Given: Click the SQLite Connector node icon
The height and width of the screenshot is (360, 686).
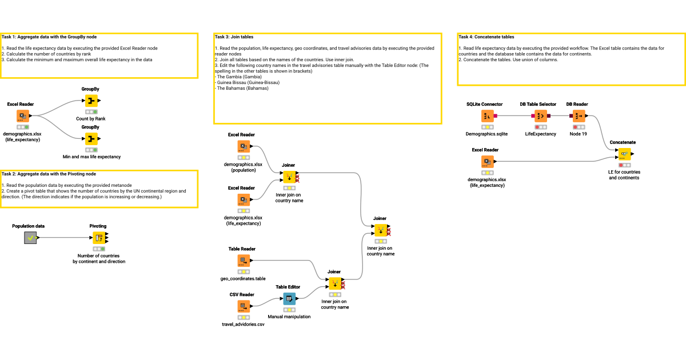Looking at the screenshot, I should pos(487,116).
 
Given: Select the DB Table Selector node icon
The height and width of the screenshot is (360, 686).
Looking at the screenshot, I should pos(541,116).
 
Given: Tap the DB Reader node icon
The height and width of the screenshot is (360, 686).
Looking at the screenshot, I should pos(579,116).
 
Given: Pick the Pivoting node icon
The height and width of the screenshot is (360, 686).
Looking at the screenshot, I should pos(99,238).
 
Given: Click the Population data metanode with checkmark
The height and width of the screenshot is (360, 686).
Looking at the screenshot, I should pos(31,238).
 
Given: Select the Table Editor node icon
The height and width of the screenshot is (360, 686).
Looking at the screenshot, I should pos(289,298).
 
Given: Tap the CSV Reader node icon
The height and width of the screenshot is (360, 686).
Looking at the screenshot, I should pos(244,306).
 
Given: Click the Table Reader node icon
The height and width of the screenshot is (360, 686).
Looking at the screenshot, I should pos(244,261).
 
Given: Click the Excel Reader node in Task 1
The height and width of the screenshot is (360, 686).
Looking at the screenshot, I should pos(23,116).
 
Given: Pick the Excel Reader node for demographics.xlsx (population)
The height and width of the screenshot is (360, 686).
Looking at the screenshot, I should pos(244,146).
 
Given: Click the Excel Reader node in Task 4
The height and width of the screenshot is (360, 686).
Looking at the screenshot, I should pos(487,161).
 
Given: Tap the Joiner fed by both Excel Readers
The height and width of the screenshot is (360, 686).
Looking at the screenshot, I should pos(289,177).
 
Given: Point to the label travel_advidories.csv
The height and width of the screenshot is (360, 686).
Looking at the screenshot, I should pos(244,324).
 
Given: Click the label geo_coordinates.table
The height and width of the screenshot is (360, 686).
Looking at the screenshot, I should pos(244,278).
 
